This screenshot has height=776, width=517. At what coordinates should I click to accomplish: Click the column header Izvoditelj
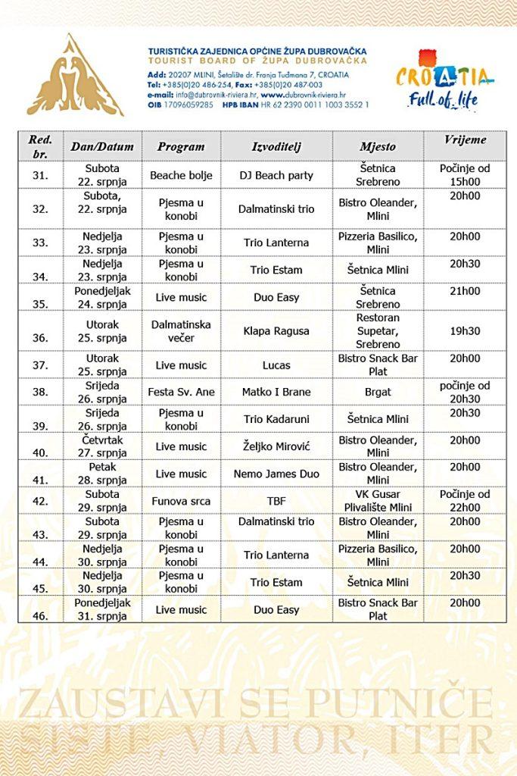click(x=276, y=146)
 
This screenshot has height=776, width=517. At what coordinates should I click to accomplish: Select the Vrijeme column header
click(x=466, y=140)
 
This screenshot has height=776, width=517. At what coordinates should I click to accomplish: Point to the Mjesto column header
click(x=378, y=146)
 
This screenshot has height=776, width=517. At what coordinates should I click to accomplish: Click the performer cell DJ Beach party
click(x=276, y=175)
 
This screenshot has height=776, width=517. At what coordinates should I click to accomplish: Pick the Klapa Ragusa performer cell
click(x=276, y=331)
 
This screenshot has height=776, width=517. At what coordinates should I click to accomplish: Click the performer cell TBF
click(x=276, y=501)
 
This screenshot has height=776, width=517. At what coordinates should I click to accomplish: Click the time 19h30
click(x=466, y=331)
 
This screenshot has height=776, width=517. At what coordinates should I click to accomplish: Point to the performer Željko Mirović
click(x=276, y=446)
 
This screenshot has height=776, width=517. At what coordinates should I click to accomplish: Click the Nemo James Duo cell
click(x=276, y=474)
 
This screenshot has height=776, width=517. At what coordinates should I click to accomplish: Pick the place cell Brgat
click(x=378, y=392)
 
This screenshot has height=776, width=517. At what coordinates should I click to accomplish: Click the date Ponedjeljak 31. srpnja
click(x=102, y=609)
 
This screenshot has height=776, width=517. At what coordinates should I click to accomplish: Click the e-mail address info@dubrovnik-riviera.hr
click(x=216, y=95)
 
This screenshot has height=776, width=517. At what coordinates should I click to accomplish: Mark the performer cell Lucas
click(x=276, y=365)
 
